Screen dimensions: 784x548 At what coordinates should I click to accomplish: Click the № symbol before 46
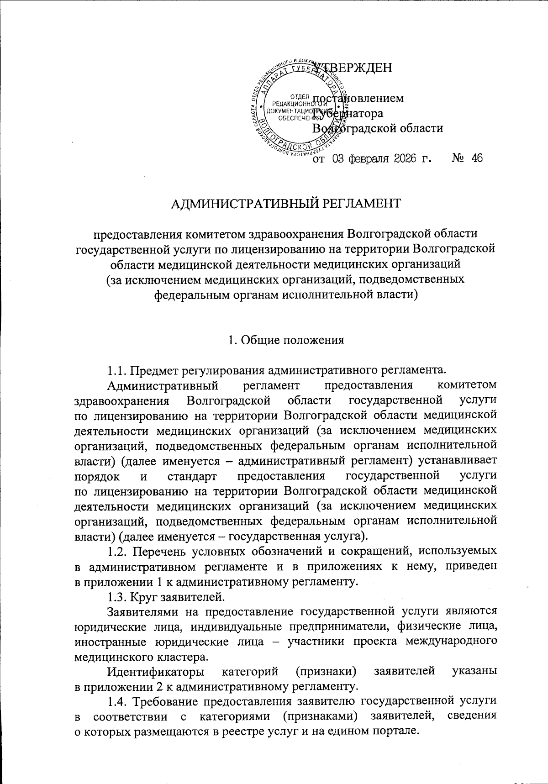click(458, 158)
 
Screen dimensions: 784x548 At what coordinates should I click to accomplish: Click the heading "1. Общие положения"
click(286, 340)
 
